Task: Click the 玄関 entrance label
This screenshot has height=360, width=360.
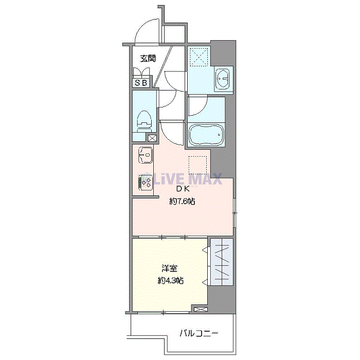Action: coord(148,58)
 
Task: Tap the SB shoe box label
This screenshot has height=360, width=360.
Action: coord(141,83)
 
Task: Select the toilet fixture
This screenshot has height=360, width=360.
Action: coord(144,121)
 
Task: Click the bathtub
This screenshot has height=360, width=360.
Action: coord(206,135)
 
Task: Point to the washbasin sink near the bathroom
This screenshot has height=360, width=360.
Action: coord(222,79)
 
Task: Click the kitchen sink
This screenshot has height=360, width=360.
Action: coord(146,155)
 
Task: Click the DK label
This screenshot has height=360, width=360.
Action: coord(183,189)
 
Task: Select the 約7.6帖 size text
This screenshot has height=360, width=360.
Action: coord(182,202)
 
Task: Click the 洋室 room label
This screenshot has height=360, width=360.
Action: coord(169,268)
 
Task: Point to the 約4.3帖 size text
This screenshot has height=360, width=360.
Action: coord(170,280)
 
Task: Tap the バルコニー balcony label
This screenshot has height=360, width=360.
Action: coord(199,333)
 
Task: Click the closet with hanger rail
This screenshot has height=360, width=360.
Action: coord(222,262)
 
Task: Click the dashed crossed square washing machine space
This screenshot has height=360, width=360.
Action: coord(199,57)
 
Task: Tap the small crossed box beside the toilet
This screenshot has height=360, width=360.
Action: coord(152,138)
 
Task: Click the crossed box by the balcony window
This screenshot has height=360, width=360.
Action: coord(201,309)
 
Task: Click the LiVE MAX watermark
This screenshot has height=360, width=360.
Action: coord(180,178)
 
